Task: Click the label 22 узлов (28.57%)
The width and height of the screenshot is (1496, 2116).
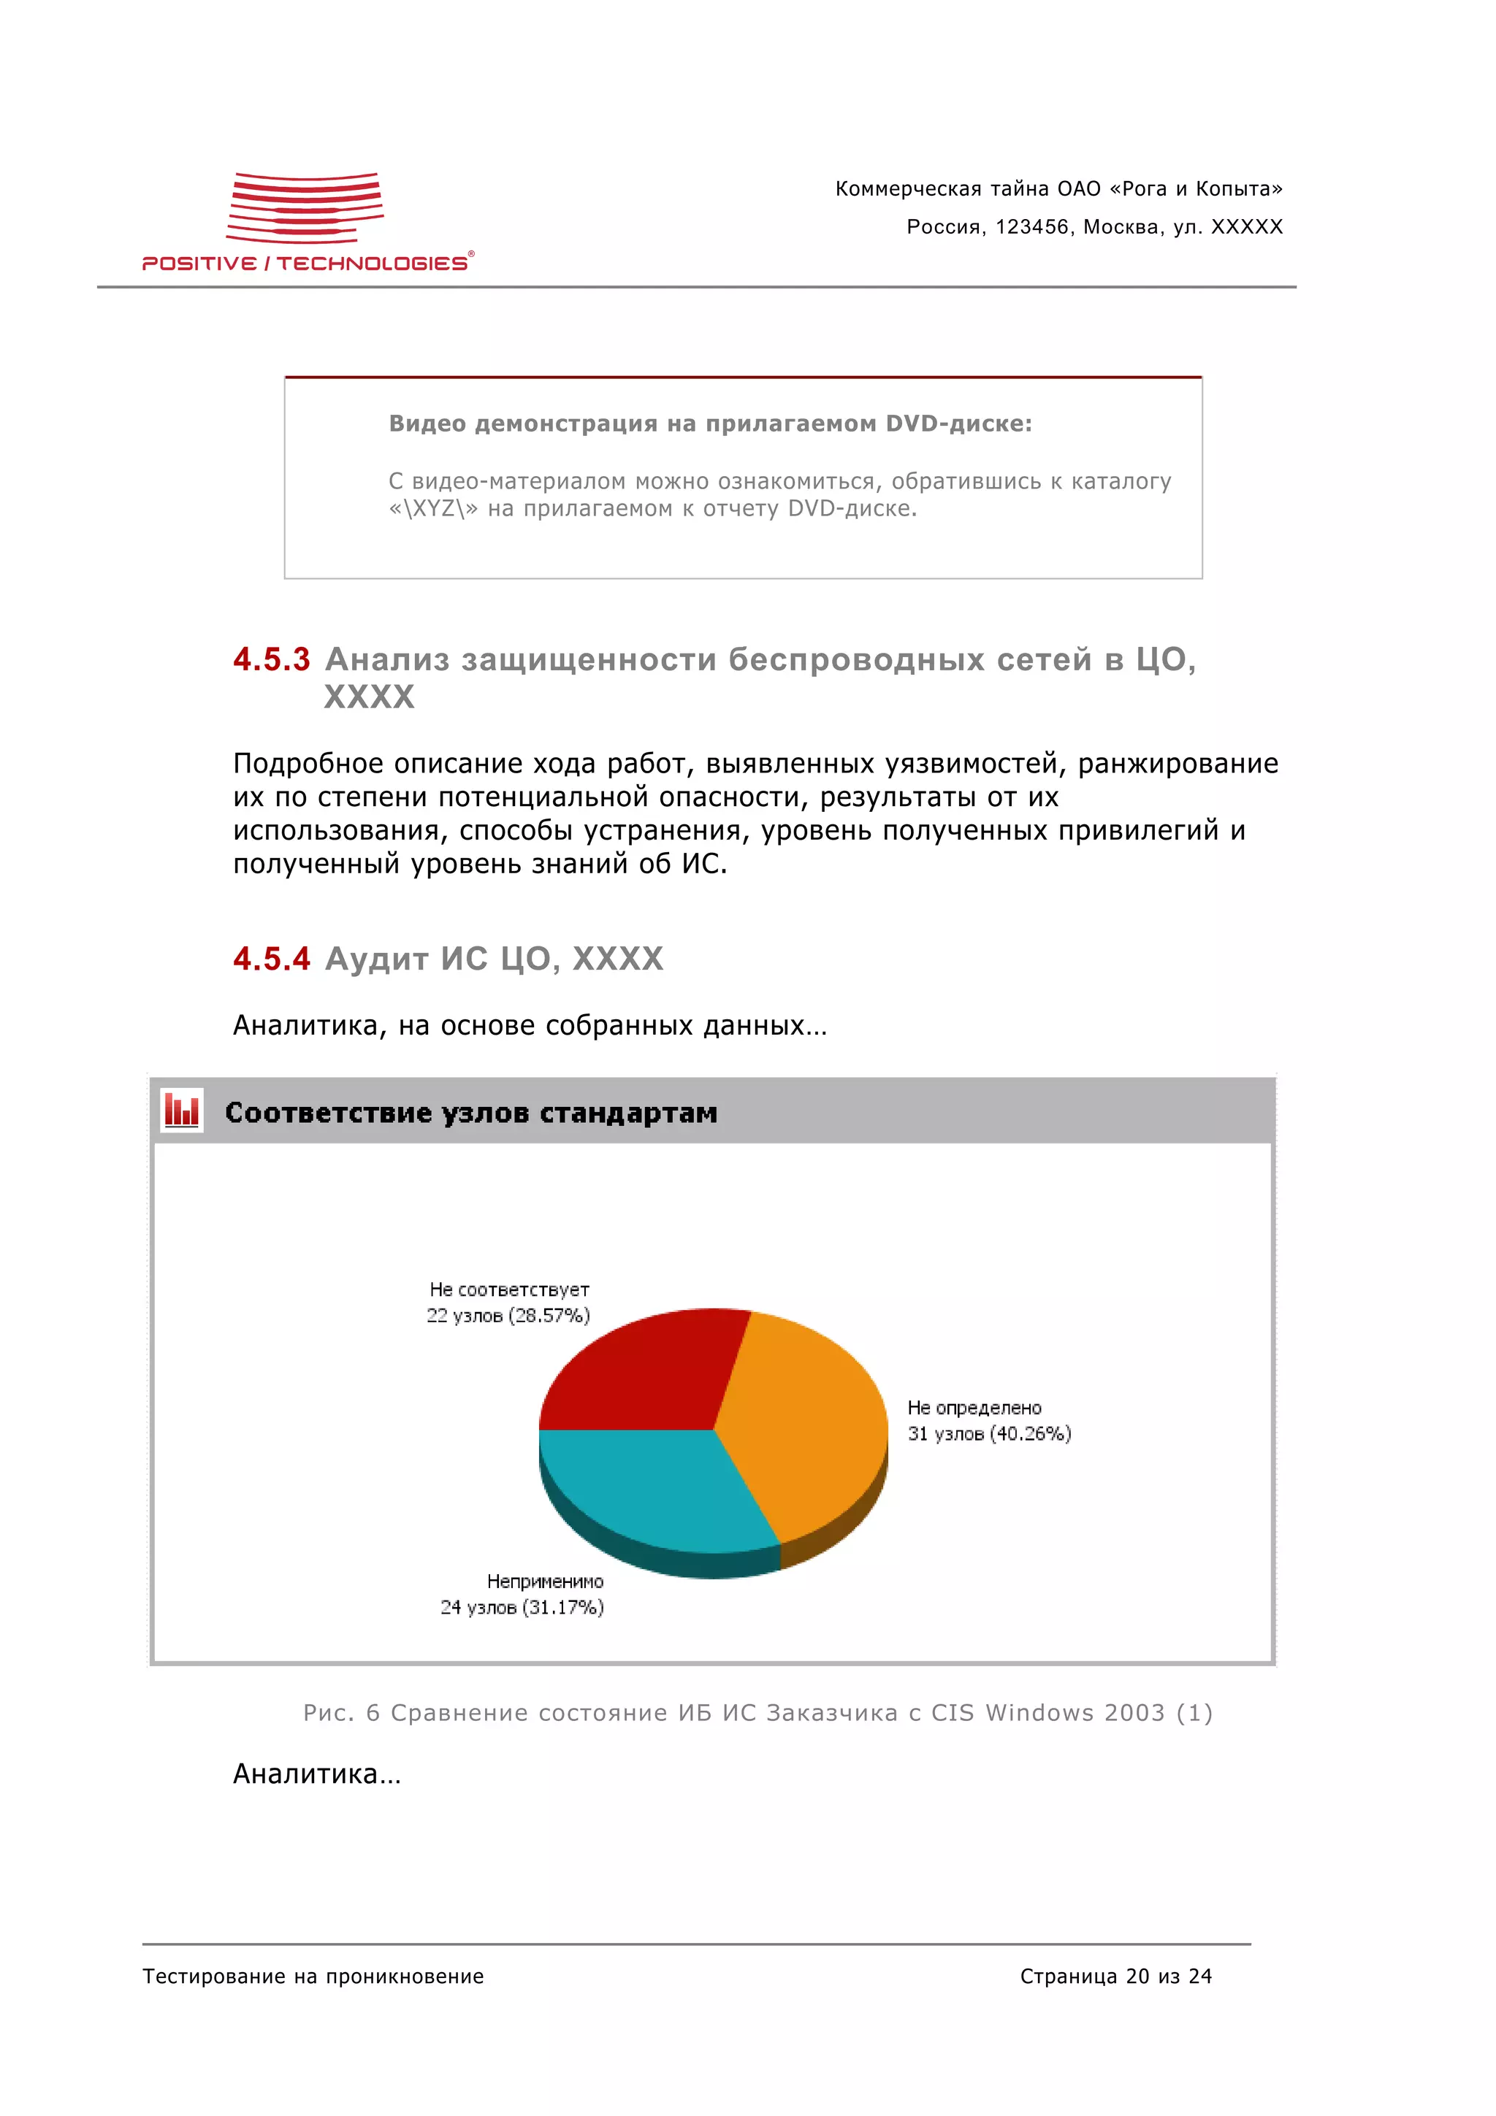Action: pyautogui.click(x=507, y=1315)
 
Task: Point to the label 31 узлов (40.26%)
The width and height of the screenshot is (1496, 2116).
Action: pyautogui.click(x=988, y=1433)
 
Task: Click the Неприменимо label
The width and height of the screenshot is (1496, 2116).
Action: pyautogui.click(x=545, y=1582)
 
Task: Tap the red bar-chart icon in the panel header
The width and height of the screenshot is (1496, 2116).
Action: pyautogui.click(x=182, y=1111)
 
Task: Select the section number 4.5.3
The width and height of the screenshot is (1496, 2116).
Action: pyautogui.click(x=271, y=660)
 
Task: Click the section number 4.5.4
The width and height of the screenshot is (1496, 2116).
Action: pyautogui.click(x=271, y=959)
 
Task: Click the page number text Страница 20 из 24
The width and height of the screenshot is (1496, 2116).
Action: pyautogui.click(x=1115, y=1976)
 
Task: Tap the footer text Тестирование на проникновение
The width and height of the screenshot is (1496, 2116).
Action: pyautogui.click(x=313, y=1976)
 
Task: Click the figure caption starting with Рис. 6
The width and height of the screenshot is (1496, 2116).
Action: pyautogui.click(x=757, y=1712)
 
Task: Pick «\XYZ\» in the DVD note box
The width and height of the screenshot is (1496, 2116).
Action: pyautogui.click(x=432, y=509)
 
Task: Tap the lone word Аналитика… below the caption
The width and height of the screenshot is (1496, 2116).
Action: pyautogui.click(x=316, y=1773)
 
